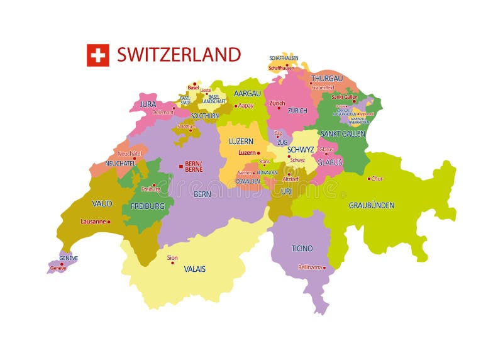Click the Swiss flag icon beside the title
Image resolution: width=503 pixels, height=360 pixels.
click(97, 55)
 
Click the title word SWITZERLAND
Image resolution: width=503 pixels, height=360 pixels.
click(179, 55)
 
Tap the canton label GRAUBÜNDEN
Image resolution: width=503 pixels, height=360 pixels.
click(372, 205)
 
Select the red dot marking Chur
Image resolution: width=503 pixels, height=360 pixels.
click(369, 179)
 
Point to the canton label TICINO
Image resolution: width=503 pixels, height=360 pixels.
click(302, 249)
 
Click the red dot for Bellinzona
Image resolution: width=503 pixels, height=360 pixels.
click(325, 267)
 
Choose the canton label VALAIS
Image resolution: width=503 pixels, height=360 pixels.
click(194, 269)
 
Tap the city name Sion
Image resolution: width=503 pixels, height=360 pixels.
click(172, 258)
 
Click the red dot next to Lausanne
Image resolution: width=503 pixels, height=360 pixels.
click(109, 222)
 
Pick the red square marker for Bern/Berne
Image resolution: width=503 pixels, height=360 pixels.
click(181, 166)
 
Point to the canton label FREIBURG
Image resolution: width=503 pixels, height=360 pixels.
click(147, 206)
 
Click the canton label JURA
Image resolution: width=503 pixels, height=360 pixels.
click(148, 104)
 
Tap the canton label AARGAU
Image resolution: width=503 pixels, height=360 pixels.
click(247, 93)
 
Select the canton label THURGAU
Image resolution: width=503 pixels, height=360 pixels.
click(327, 79)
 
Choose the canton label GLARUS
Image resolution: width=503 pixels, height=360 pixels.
click(329, 162)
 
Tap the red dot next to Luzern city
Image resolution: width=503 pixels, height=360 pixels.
click(258, 153)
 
